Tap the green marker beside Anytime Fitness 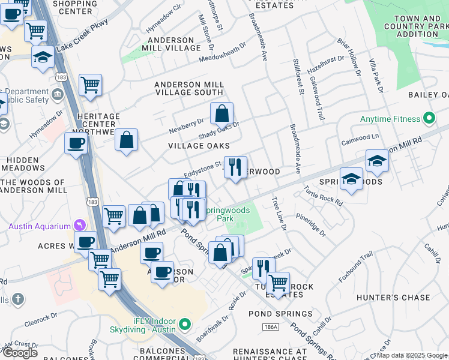click(429, 119)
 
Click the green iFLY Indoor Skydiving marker click(185, 325)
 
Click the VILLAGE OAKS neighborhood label click(199, 146)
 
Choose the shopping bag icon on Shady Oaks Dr click(221, 113)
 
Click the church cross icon click(18, 298)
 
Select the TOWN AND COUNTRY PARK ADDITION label click(418, 26)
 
